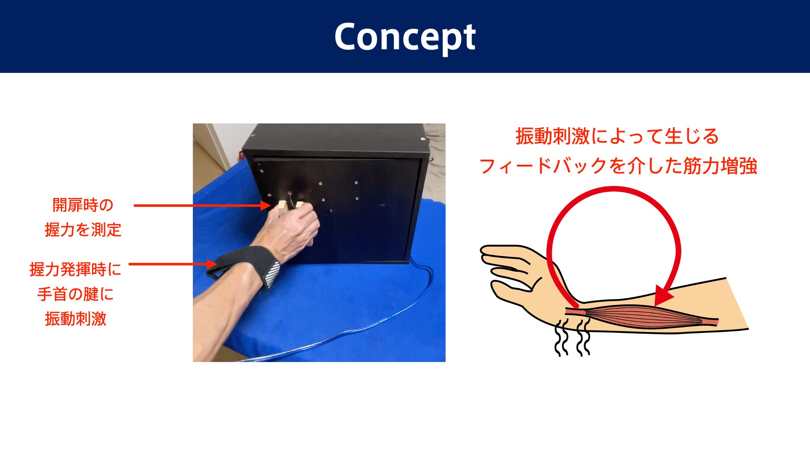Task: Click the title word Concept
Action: (x=405, y=37)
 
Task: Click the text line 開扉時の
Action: (x=83, y=205)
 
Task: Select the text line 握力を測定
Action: (x=83, y=230)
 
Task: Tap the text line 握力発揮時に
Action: (x=76, y=269)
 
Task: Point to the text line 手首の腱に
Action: (x=76, y=294)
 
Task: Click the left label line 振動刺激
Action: (x=76, y=319)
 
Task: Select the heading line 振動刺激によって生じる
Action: (x=617, y=136)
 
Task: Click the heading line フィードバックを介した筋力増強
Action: (x=618, y=166)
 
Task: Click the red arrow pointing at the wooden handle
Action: (x=202, y=205)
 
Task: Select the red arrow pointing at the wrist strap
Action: (x=173, y=264)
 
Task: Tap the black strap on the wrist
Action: (x=245, y=265)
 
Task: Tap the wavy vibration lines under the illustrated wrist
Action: (x=572, y=337)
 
